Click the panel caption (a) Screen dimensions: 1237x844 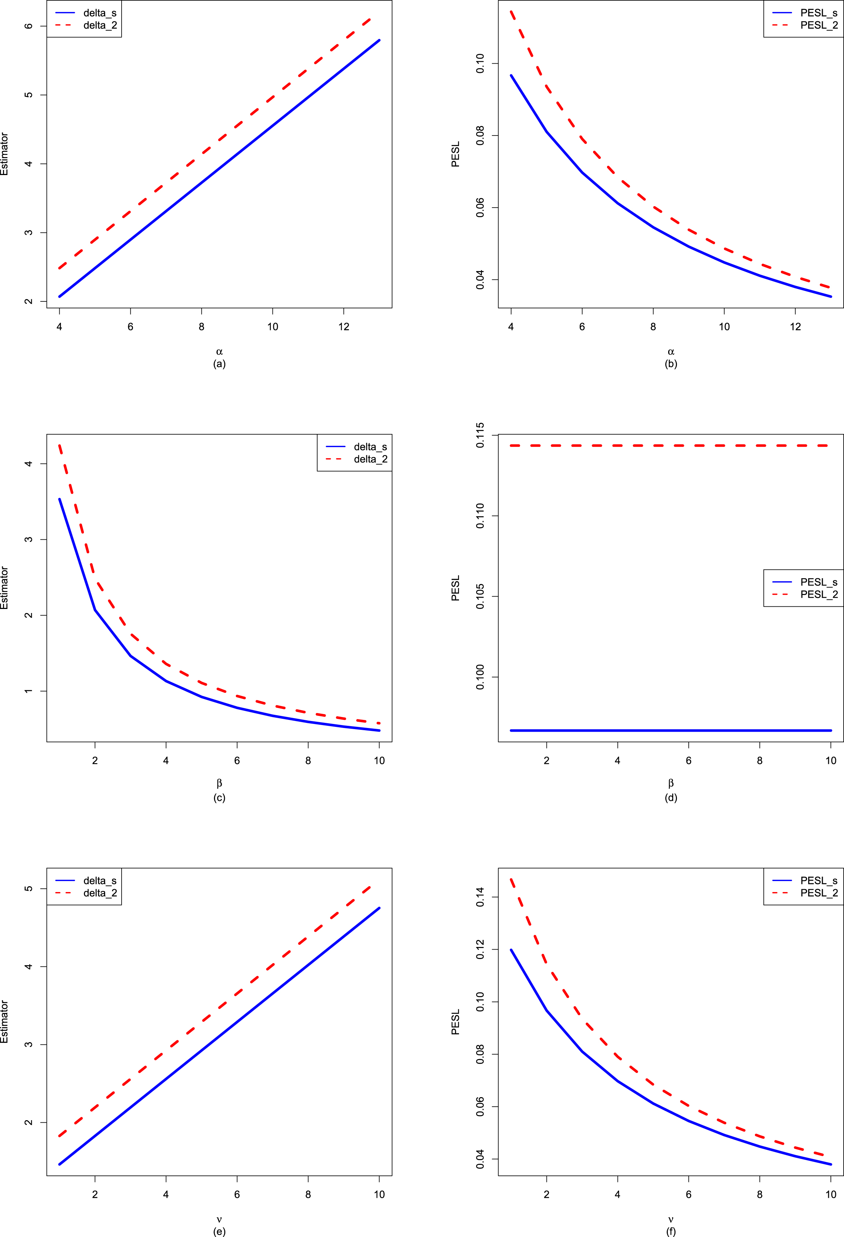pos(219,364)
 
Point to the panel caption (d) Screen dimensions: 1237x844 pos(671,797)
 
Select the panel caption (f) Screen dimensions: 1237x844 pos(671,1231)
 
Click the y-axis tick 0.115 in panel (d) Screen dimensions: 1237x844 pos(480,435)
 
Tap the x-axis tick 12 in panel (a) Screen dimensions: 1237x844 pos(344,327)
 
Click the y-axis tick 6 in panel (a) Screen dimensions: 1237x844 pos(29,26)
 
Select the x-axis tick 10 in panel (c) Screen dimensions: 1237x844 pos(379,761)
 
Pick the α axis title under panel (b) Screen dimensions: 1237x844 pos(671,351)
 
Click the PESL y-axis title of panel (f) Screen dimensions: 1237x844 pos(455,1022)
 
